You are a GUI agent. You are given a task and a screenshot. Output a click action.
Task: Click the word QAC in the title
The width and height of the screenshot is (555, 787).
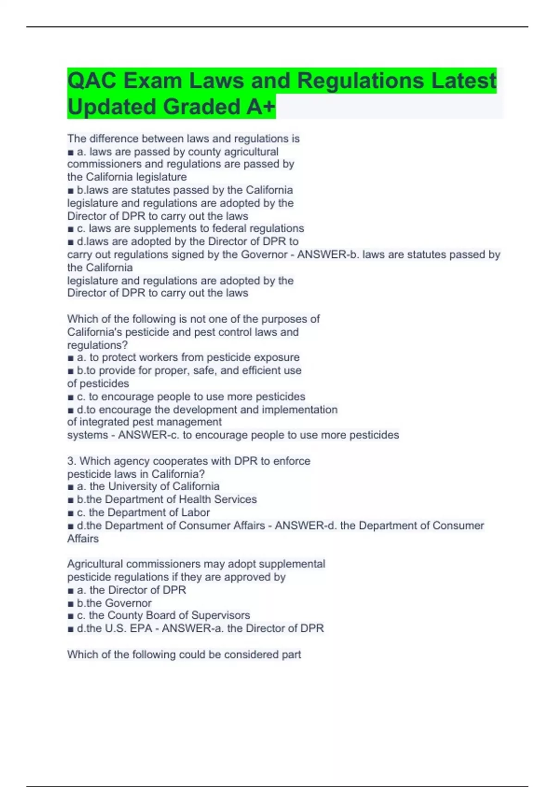[92, 81]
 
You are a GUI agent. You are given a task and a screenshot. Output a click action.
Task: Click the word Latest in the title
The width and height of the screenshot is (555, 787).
[463, 81]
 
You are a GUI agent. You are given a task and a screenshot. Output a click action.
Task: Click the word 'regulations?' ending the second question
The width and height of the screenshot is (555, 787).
[98, 345]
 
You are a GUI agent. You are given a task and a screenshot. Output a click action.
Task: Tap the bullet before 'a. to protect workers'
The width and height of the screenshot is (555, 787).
[71, 358]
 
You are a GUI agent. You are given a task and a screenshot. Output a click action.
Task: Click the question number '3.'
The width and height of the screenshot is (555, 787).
[72, 461]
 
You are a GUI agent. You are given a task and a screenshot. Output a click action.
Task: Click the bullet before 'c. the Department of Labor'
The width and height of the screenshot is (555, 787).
[71, 513]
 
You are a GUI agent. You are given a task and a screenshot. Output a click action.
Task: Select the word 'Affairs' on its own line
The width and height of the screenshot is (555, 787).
[83, 539]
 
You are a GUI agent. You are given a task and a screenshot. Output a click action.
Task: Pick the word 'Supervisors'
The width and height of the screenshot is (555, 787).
[221, 615]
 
